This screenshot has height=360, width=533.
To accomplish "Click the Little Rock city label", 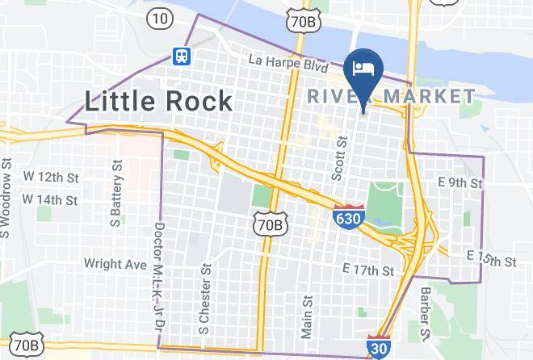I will click(159, 101).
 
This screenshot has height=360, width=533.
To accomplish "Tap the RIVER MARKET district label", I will click(392, 97).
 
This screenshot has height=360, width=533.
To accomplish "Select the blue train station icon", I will click(182, 55).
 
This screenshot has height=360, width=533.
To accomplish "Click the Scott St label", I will click(340, 157).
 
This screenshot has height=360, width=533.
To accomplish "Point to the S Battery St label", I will click(118, 191).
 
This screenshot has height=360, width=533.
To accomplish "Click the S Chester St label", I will click(204, 297).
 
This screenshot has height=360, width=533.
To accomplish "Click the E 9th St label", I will click(458, 183).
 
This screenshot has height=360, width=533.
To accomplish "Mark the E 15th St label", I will click(491, 258).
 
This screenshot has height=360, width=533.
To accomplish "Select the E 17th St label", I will click(367, 269).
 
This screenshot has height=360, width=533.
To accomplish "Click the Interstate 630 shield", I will click(344, 216).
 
